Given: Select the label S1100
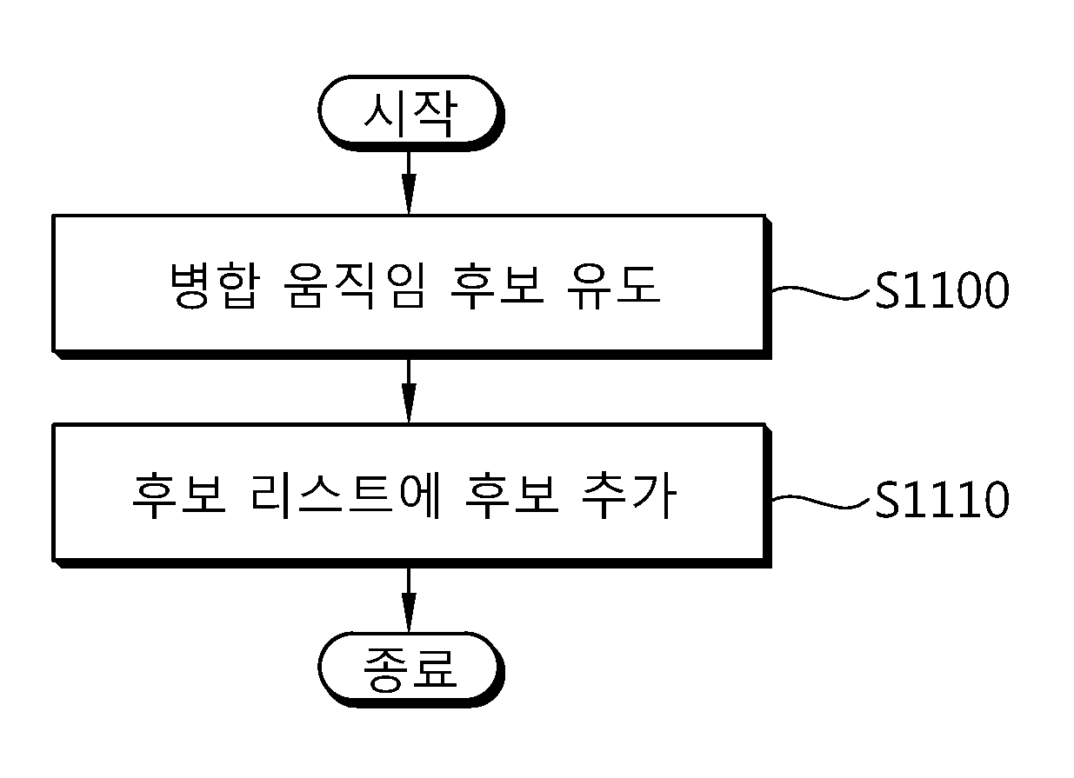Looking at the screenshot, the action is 942,290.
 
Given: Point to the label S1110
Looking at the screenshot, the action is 942,499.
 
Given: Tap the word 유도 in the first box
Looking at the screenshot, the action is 614,286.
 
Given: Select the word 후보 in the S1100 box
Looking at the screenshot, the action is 497,286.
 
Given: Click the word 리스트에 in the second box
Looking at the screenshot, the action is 344,495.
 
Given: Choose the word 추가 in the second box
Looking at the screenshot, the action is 629,495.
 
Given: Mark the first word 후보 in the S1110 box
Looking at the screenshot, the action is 179,495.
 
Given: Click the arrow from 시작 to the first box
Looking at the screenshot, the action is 409,183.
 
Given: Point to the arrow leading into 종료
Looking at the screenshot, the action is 409,600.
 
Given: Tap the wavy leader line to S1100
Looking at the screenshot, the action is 821,292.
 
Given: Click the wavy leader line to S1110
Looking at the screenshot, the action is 821,502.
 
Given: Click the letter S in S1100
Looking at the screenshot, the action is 887,290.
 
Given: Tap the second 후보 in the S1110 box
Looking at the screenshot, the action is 511,495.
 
